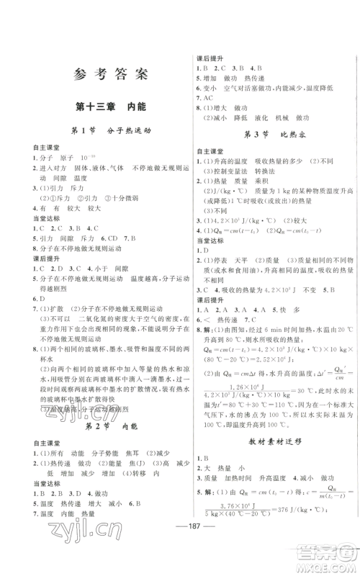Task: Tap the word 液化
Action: [x=263, y=122]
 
